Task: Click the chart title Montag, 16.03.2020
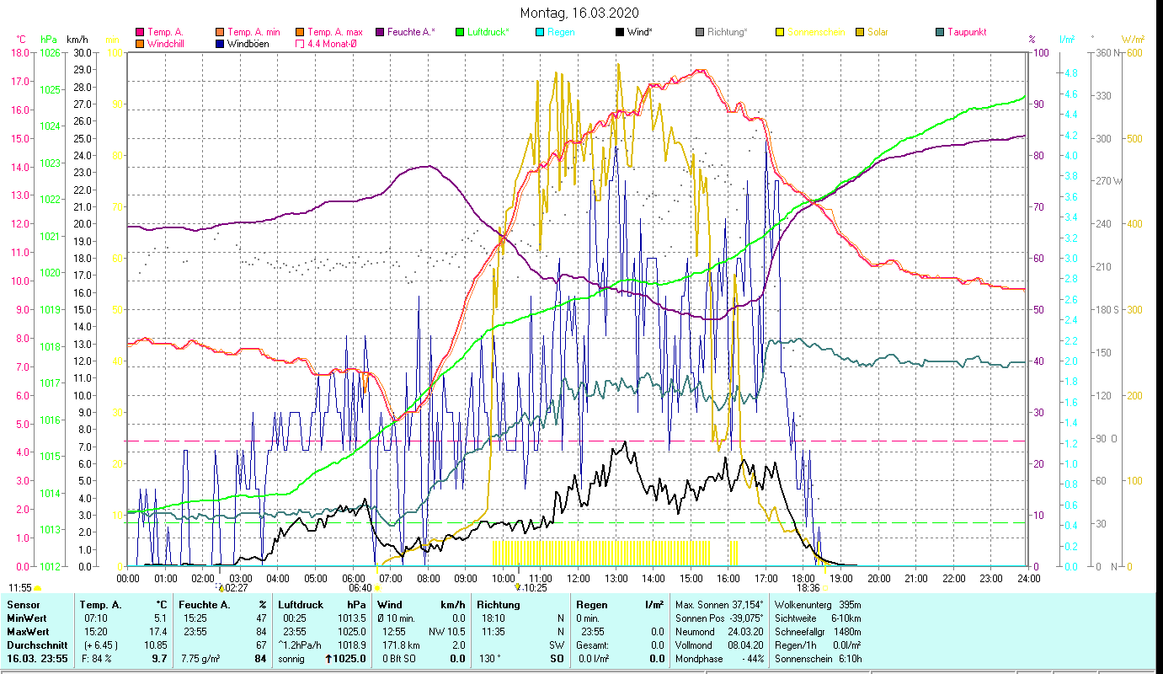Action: point(579,13)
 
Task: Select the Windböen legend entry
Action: point(246,43)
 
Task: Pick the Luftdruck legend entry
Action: point(487,32)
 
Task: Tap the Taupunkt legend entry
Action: point(966,32)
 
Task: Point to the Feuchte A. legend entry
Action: point(409,32)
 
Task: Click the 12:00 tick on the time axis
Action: point(579,578)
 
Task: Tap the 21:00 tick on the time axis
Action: point(916,578)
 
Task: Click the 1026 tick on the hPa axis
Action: point(50,52)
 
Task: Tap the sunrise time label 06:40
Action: point(360,588)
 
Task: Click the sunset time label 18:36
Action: point(808,588)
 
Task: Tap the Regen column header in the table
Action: point(592,604)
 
